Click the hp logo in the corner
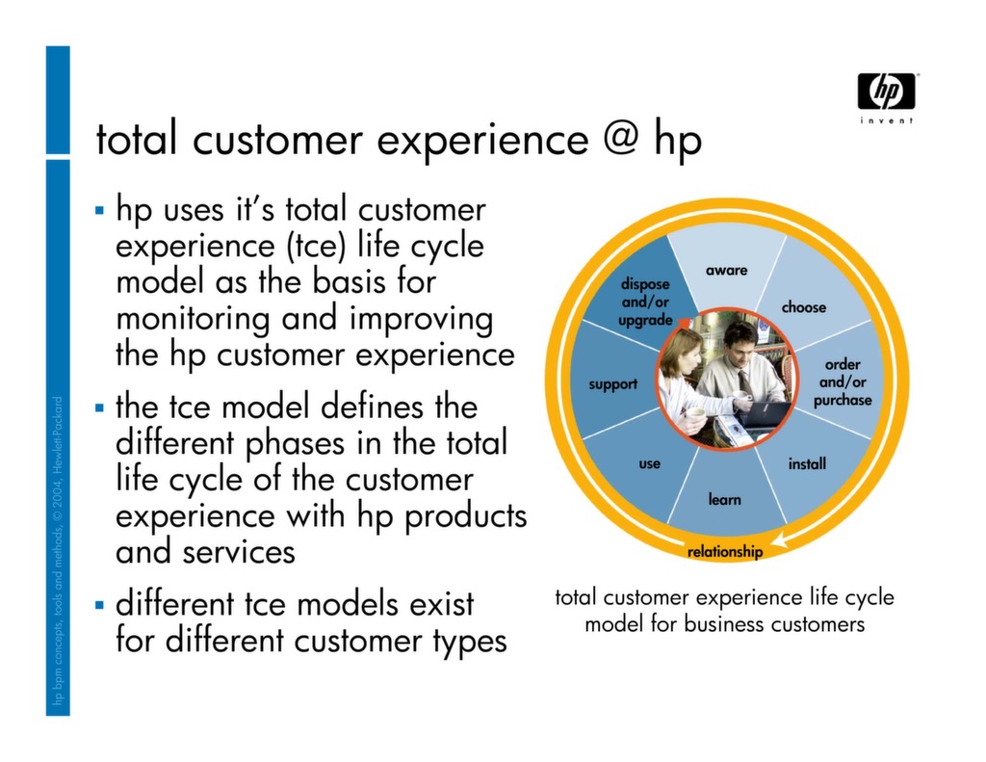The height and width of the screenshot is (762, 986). click(x=886, y=92)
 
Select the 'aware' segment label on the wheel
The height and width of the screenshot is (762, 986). click(x=726, y=271)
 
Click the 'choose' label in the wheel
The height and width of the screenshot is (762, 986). click(x=803, y=307)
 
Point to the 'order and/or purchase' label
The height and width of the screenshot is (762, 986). click(x=842, y=382)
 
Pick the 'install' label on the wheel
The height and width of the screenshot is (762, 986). click(x=807, y=464)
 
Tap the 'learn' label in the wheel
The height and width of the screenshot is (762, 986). click(x=725, y=499)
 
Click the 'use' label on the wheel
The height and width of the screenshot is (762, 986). click(x=650, y=464)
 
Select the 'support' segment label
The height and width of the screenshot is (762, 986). click(x=613, y=384)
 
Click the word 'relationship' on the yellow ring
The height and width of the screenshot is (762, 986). click(x=725, y=552)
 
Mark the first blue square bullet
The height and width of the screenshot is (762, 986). click(x=100, y=209)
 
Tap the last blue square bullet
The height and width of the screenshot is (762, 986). click(x=100, y=605)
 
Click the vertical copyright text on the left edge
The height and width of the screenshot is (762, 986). click(x=58, y=555)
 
